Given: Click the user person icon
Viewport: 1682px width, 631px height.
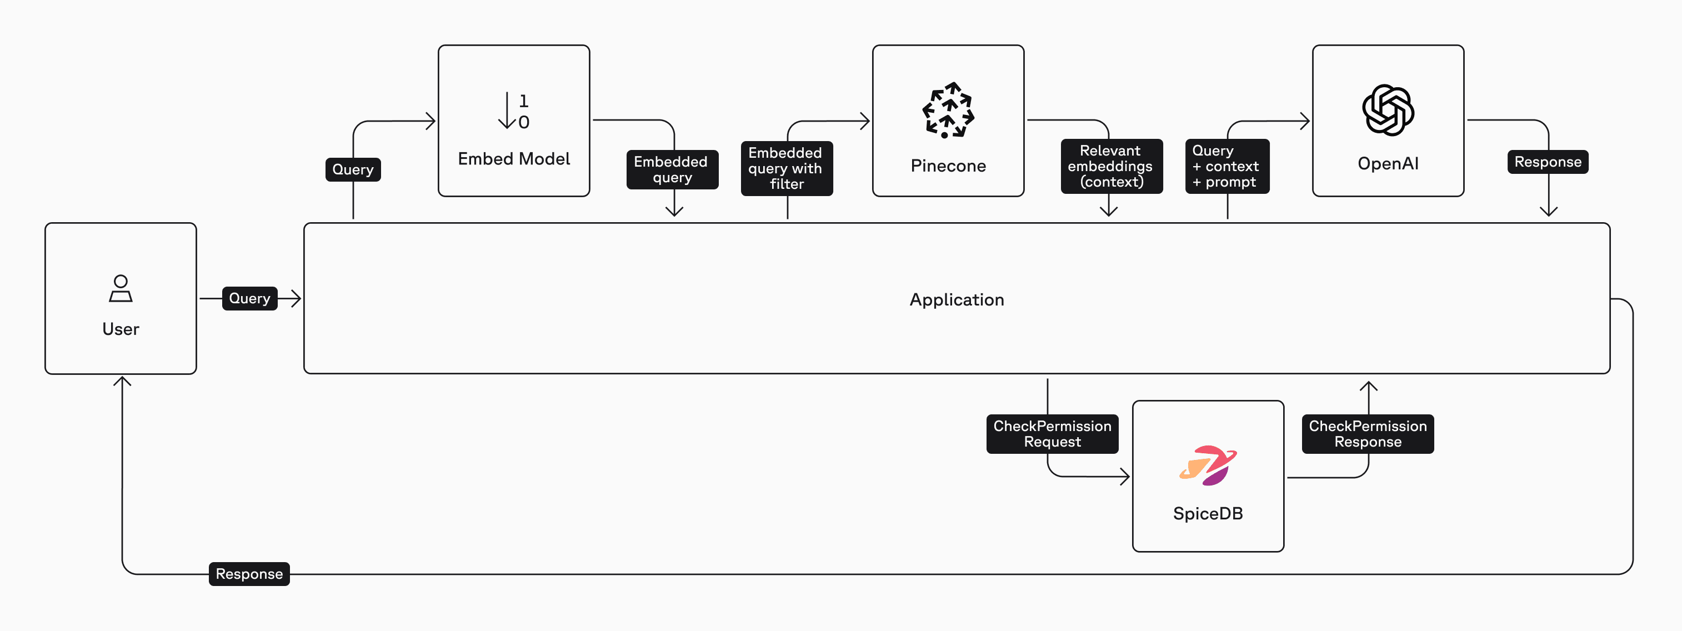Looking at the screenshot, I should point(121,288).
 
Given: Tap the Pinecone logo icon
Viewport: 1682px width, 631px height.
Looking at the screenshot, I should point(948,110).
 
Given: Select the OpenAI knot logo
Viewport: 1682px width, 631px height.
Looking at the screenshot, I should point(1388,110).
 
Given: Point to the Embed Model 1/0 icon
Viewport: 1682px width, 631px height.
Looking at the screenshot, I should point(514,111).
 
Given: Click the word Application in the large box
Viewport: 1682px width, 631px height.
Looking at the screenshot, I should point(957,300).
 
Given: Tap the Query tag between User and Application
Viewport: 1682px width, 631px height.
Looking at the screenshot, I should point(249,298).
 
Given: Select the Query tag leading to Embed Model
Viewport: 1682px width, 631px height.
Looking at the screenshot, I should point(353,170).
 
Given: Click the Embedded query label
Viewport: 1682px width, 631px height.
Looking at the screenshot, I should point(672,170).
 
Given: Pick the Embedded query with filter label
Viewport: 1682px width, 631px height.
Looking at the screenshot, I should point(786,168).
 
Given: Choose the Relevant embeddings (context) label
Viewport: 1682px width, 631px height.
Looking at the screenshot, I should point(1110,167).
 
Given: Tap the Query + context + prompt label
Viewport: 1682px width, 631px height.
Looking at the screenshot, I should point(1227,167).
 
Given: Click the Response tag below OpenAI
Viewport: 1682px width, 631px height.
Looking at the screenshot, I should point(1548,162).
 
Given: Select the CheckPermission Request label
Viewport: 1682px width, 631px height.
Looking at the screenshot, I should point(1052,434).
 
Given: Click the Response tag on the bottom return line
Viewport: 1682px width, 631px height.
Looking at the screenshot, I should point(249,574).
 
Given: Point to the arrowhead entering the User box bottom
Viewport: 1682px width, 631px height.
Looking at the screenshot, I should point(122,382).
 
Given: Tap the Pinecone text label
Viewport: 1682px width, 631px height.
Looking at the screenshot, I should point(948,166).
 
